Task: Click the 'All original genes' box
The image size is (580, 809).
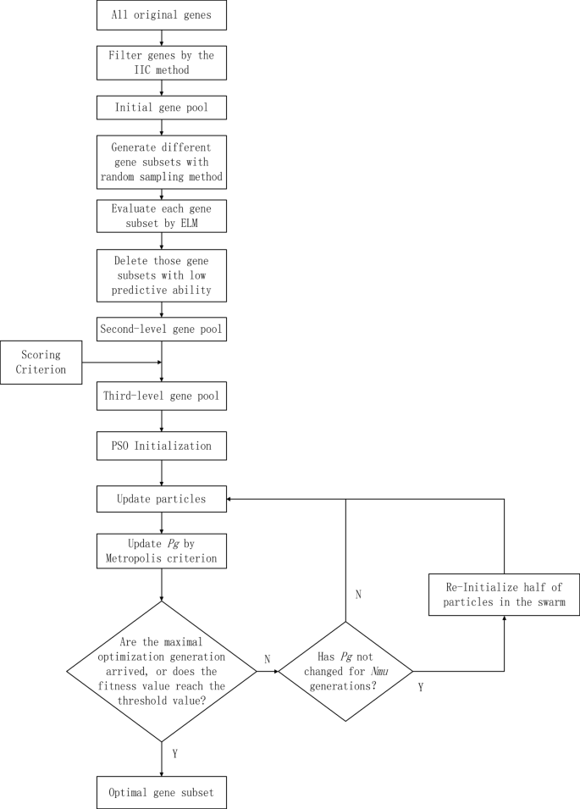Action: [x=161, y=16]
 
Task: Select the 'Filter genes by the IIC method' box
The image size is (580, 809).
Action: [x=161, y=63]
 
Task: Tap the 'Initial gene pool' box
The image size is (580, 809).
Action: [x=161, y=108]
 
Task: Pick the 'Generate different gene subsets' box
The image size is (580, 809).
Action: [x=161, y=161]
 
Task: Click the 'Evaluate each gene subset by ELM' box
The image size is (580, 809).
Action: [x=161, y=216]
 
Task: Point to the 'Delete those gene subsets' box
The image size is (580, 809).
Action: [x=161, y=275]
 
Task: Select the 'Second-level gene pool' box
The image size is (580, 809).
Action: [x=161, y=329]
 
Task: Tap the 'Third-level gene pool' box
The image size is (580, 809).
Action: [x=161, y=396]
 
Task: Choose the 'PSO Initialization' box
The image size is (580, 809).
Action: [x=161, y=446]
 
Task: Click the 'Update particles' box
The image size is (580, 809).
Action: [x=161, y=499]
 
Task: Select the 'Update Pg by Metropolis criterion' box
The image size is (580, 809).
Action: [x=161, y=551]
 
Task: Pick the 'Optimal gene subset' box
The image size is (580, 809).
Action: [x=161, y=791]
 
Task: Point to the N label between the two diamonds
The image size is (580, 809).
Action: [x=268, y=657]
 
